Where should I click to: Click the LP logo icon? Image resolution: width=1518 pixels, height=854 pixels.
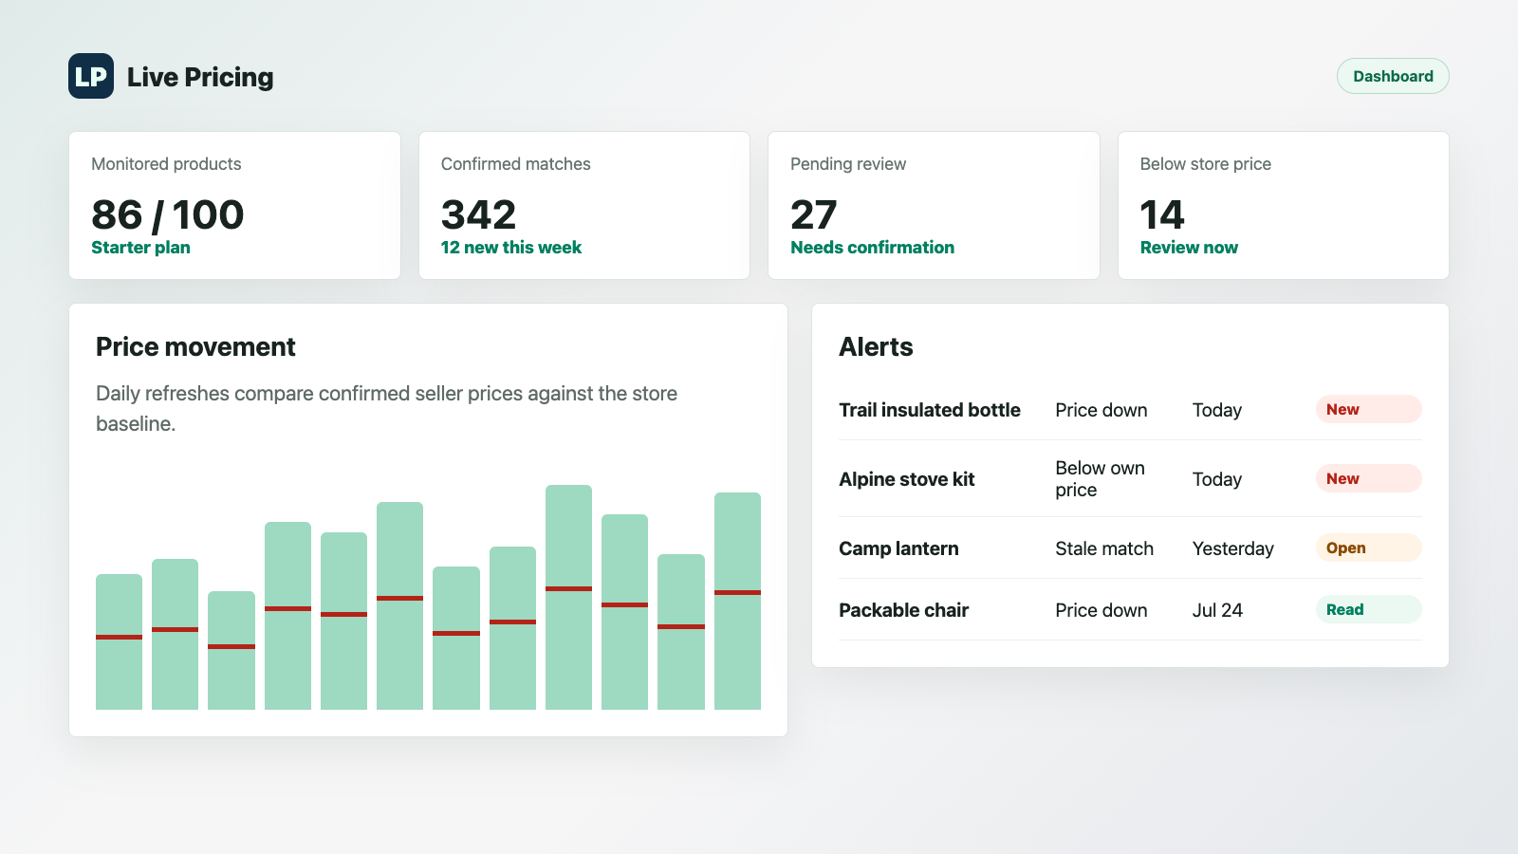tap(91, 76)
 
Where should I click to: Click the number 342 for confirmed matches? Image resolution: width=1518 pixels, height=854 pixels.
tap(478, 214)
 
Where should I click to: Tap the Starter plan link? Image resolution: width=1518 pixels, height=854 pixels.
tap(141, 248)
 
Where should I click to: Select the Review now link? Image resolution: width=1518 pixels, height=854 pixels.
tap(1189, 248)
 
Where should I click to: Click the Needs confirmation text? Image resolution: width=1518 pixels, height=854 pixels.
tap(872, 248)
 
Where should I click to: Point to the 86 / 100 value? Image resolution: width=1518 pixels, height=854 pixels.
tap(167, 214)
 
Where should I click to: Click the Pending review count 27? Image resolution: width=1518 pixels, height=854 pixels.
tap(813, 214)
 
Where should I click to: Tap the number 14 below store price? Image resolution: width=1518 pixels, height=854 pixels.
tap(1161, 214)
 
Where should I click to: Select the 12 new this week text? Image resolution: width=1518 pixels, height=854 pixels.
tap(511, 248)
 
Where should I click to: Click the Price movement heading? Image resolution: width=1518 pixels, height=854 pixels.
tap(195, 346)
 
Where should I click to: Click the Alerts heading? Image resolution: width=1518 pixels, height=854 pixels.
tap(876, 346)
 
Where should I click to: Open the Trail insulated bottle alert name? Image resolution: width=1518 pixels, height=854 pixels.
tap(929, 410)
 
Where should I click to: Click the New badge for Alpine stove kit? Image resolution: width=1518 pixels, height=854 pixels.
tap(1368, 478)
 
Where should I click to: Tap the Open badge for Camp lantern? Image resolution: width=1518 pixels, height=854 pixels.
tap(1368, 548)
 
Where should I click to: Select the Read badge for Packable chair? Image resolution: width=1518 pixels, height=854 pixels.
tap(1368, 609)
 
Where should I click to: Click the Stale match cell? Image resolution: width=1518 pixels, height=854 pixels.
tap(1104, 548)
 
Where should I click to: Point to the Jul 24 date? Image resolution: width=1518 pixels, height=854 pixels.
tap(1217, 610)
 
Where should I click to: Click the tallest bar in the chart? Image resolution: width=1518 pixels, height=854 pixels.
tap(568, 597)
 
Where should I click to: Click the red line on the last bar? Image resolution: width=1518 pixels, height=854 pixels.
tap(737, 592)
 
